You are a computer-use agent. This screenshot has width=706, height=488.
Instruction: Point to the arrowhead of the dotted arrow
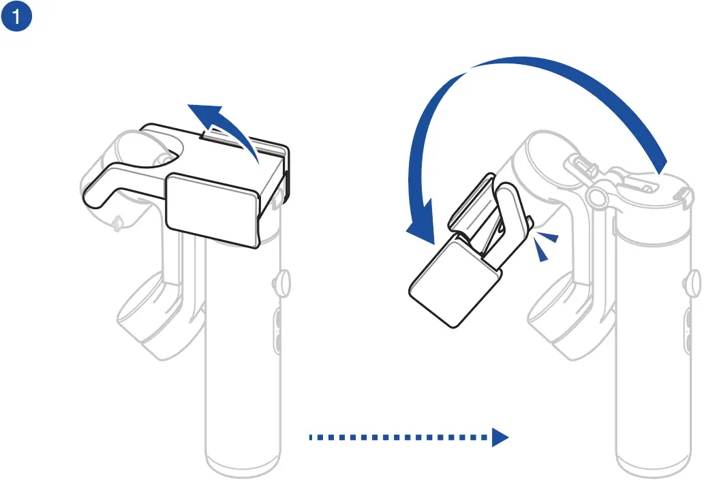click(x=500, y=437)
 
